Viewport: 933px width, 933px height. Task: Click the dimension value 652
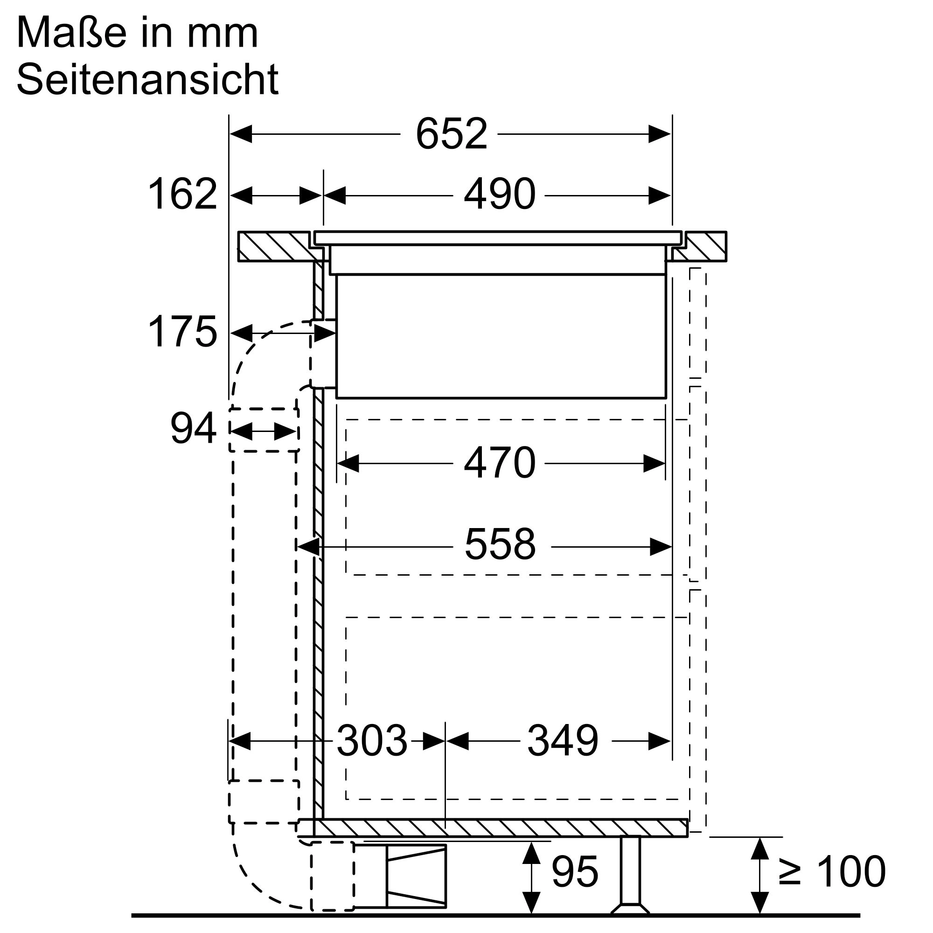pyautogui.click(x=451, y=134)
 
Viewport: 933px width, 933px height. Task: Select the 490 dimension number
pyautogui.click(x=499, y=194)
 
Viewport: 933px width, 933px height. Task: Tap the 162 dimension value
pyautogui.click(x=182, y=194)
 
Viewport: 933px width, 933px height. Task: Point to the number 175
pyautogui.click(x=182, y=331)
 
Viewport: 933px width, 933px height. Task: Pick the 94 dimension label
pyautogui.click(x=193, y=428)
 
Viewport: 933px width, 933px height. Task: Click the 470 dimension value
pyautogui.click(x=499, y=463)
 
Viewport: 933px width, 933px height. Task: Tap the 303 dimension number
pyautogui.click(x=372, y=741)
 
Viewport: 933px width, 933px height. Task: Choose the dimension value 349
pyautogui.click(x=563, y=741)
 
